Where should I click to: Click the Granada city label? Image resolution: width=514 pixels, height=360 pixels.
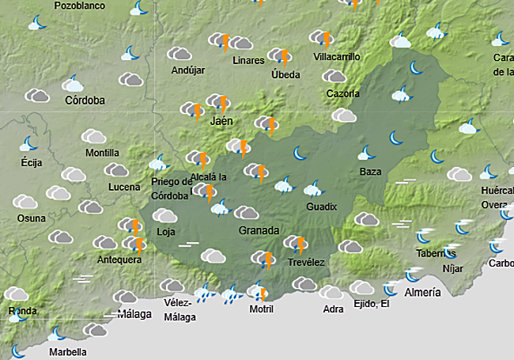259,230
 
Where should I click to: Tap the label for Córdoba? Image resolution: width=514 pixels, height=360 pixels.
85,100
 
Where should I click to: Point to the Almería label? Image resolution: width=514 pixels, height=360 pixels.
422,293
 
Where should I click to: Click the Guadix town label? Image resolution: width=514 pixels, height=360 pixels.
322,207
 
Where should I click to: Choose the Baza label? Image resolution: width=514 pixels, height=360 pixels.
370,172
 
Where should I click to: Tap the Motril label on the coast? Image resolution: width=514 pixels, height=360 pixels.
261,309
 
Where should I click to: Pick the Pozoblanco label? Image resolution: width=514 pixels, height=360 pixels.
80,6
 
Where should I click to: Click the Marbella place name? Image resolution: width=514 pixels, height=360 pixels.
68,352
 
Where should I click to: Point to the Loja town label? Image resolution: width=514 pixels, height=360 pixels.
166,232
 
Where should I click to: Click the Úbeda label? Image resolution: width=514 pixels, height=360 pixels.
285,74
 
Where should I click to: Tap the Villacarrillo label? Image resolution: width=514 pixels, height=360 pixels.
337,57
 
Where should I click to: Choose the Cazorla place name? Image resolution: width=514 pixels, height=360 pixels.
343,94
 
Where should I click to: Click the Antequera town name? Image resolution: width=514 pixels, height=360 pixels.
119,260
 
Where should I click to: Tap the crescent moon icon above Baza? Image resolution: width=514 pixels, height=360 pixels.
366,153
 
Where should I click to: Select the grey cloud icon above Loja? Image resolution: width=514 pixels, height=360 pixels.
164,215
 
